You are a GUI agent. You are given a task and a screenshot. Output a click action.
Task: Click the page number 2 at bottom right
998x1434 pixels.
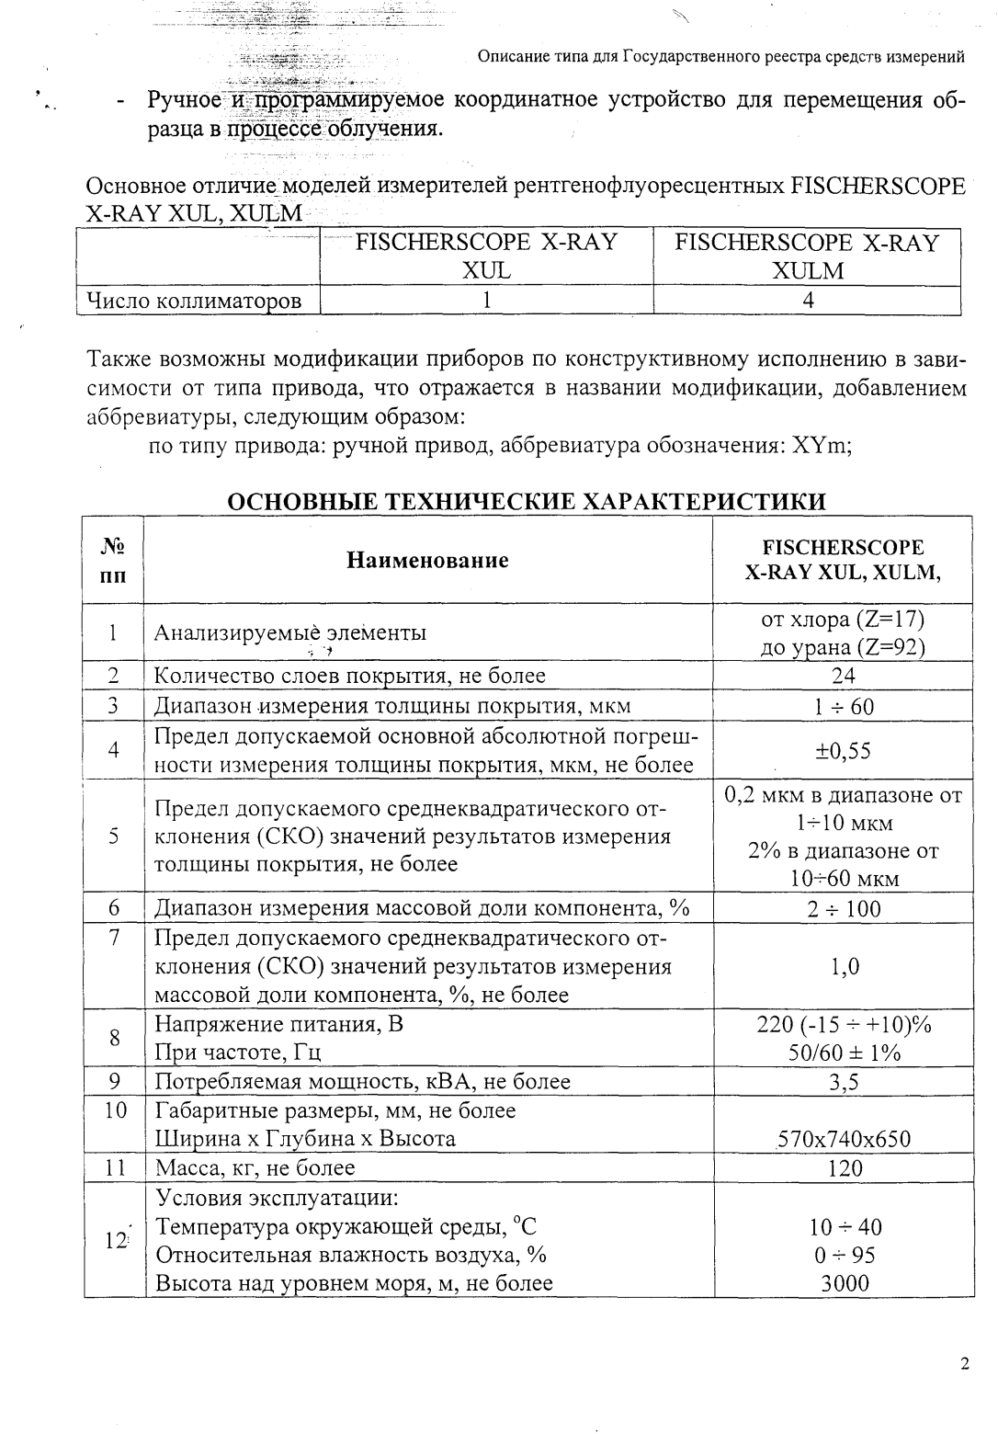click(x=964, y=1364)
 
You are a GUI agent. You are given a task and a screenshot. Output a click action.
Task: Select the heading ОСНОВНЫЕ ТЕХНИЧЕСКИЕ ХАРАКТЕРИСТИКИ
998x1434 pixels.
click(x=526, y=502)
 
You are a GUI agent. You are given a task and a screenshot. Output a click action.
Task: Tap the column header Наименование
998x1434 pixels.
click(x=427, y=560)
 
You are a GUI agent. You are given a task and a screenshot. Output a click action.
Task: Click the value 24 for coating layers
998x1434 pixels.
click(x=843, y=677)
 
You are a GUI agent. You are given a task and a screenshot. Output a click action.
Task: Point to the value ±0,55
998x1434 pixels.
click(x=843, y=751)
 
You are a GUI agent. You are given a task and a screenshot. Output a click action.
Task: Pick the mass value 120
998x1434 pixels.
click(x=845, y=1168)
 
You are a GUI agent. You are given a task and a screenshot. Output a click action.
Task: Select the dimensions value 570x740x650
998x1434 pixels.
click(x=844, y=1140)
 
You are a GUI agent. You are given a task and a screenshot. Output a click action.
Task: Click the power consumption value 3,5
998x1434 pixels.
click(x=844, y=1082)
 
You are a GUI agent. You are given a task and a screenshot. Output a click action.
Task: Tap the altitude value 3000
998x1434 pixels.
click(x=845, y=1283)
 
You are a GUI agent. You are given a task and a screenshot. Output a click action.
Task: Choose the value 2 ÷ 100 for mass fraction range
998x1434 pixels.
click(x=844, y=909)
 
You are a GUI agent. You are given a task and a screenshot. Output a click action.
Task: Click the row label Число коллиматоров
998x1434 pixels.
click(x=194, y=301)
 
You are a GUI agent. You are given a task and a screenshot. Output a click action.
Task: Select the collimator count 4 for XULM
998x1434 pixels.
click(x=807, y=300)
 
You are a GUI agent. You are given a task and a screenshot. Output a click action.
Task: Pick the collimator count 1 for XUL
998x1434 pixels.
click(x=486, y=300)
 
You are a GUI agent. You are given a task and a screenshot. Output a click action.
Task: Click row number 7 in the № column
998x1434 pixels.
click(x=114, y=938)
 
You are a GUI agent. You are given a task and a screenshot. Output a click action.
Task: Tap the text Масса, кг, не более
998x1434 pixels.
click(x=255, y=1168)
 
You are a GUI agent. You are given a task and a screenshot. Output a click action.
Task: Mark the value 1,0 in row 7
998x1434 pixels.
click(x=844, y=967)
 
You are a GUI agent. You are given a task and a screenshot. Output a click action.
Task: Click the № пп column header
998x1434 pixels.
click(x=114, y=561)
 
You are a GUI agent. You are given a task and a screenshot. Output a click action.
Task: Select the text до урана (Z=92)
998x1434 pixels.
click(x=843, y=647)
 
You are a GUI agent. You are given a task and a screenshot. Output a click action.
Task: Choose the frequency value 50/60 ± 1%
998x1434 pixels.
click(x=844, y=1053)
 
